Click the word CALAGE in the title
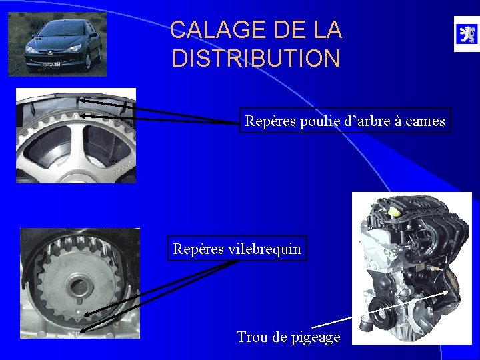[x=211, y=30]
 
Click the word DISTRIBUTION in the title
[x=255, y=59]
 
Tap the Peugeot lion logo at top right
[x=466, y=34]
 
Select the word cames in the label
[x=427, y=121]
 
